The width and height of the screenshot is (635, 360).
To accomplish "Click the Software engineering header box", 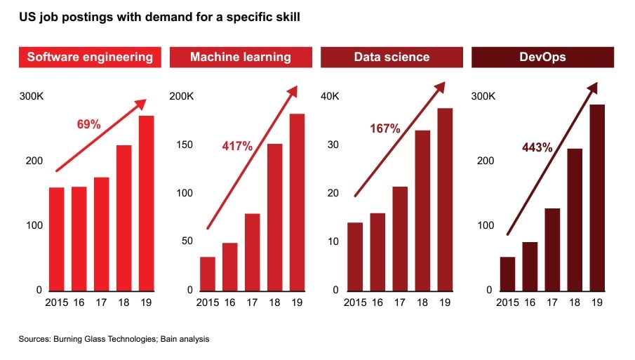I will point(90,57).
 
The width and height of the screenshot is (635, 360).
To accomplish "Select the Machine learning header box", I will point(241,57).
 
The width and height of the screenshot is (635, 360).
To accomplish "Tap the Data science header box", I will point(392,57).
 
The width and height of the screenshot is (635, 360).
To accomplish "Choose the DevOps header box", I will point(542,57).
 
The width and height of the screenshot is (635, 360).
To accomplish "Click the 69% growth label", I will point(88,124).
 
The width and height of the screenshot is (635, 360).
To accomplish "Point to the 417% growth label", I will point(237,147).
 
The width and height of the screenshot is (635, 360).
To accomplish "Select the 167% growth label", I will point(385,128).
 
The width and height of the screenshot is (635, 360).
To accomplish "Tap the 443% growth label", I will point(537,147).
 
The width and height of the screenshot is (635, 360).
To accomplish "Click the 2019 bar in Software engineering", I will point(146,204).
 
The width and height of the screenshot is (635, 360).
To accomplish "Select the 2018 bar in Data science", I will point(423,211).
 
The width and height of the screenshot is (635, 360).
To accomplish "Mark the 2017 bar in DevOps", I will point(552,249).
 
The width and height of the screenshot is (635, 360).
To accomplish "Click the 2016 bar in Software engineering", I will point(79,239).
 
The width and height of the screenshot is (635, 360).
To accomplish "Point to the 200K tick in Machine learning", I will point(182,96).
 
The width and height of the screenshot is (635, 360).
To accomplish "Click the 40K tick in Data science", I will point(330,96).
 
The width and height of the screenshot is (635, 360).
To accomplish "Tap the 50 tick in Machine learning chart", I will point(186,241).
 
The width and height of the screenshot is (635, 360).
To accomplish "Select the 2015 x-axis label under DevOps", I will point(507,302).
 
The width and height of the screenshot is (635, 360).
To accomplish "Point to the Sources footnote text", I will point(114,339).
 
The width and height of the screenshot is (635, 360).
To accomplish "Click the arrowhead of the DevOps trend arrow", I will point(594,87).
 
